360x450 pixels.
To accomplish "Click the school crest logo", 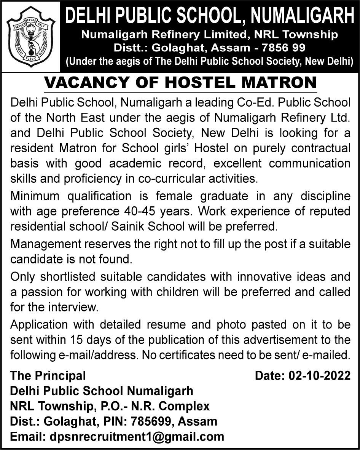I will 31,37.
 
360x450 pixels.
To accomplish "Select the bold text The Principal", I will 48,376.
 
